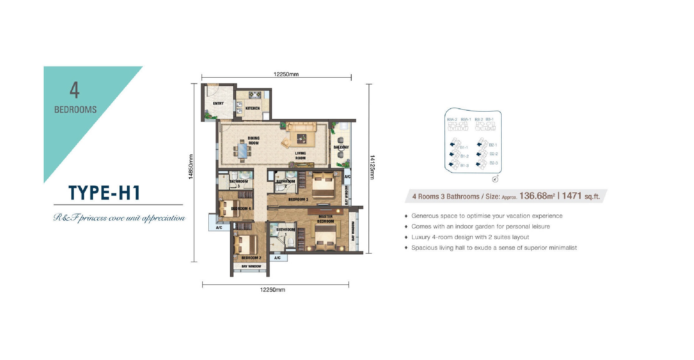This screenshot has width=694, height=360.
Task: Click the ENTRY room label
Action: (218, 103)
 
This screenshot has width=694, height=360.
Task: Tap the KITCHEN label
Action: (252, 108)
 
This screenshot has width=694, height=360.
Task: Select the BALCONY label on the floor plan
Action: (341, 147)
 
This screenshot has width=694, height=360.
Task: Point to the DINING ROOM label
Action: (254, 141)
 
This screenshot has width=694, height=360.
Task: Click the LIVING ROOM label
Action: (300, 156)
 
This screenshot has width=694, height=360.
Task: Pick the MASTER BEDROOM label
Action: (325, 219)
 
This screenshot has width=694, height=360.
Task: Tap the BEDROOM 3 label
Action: (298, 199)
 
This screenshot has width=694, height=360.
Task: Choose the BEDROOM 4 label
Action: (241, 209)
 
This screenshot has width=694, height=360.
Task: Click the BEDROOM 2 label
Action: (251, 258)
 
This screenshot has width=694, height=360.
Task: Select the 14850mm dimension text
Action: (191, 167)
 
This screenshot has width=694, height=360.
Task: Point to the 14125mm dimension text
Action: (372, 167)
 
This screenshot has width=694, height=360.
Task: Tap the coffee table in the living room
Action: (301, 139)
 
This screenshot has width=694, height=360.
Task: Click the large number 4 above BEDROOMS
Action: (75, 90)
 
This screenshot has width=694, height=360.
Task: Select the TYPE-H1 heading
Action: (104, 193)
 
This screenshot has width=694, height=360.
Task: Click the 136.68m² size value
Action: (537, 196)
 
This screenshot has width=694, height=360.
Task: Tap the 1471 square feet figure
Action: (572, 196)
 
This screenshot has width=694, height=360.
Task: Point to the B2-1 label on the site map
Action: (493, 145)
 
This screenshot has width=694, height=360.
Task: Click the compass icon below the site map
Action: (495, 179)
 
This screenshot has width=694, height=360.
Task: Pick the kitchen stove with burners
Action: (255, 94)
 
